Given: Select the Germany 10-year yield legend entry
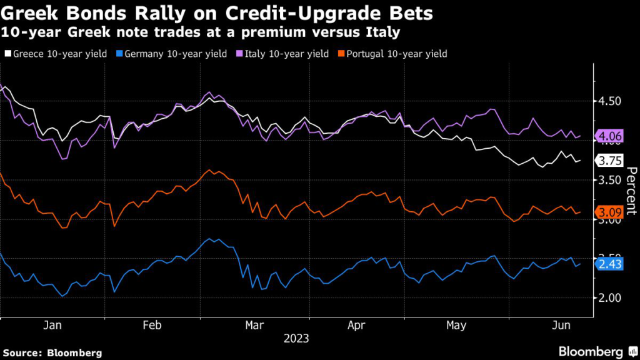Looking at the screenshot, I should [169, 54].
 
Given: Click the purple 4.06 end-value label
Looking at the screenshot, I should [610, 136].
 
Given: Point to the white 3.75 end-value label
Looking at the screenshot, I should [610, 161].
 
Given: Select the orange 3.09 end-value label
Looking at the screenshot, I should [610, 212].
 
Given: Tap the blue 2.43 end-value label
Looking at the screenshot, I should [610, 264].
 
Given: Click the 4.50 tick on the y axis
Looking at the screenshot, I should [609, 101].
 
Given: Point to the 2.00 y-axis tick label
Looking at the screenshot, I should [609, 298].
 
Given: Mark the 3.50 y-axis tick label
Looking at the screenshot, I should [609, 180].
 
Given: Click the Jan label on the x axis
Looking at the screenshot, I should [52, 325].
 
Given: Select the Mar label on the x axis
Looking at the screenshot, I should [254, 325].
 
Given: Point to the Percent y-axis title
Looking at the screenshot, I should [630, 191].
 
